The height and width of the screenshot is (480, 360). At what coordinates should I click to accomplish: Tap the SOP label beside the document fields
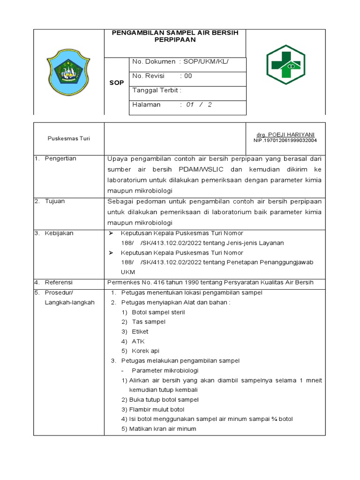pos(117,82)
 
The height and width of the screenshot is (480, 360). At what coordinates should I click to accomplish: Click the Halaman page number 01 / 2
pos(199,105)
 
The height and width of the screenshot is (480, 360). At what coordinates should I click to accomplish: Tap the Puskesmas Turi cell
pos(69,139)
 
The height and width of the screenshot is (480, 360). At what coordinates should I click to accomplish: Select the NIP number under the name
pos(285,140)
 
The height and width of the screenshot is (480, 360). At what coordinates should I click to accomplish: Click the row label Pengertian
pos(60,158)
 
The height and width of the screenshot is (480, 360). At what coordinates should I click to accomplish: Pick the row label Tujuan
pos(55,201)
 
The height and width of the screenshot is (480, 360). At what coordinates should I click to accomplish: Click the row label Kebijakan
pos(59,233)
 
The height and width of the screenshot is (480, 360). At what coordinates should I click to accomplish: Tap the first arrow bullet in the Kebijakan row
pos(111,233)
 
